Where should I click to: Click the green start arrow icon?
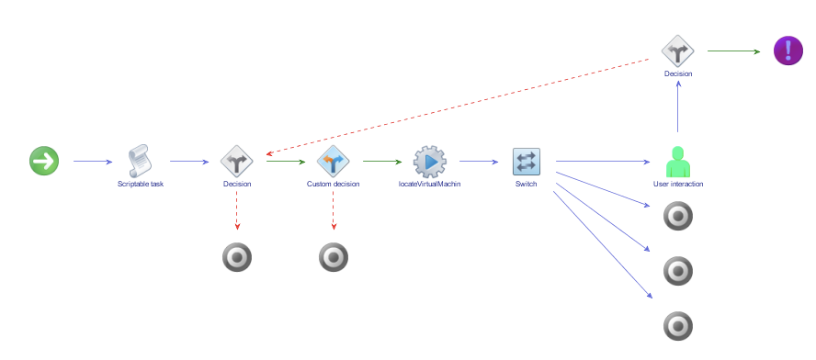(x=44, y=162)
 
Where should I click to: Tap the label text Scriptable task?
(x=141, y=184)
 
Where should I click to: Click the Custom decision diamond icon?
(x=333, y=162)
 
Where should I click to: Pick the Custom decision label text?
(x=333, y=184)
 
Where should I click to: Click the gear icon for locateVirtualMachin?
(x=429, y=162)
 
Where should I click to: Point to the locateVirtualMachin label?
(x=429, y=184)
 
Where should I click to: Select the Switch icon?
(x=526, y=162)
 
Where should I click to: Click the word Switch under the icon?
(x=526, y=184)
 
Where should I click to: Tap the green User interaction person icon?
(x=678, y=162)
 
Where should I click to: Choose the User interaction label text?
(x=678, y=184)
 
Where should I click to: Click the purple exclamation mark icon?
(x=788, y=51)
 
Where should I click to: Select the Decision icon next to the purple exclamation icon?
(x=678, y=51)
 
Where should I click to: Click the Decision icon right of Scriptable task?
(x=237, y=162)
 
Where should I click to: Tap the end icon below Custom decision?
(x=333, y=258)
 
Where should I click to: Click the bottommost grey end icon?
(x=678, y=326)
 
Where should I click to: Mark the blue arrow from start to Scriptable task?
(x=92, y=163)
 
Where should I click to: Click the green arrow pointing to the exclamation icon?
(x=733, y=51)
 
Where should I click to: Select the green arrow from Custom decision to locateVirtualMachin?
(x=381, y=163)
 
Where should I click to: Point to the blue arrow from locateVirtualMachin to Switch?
(x=478, y=163)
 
